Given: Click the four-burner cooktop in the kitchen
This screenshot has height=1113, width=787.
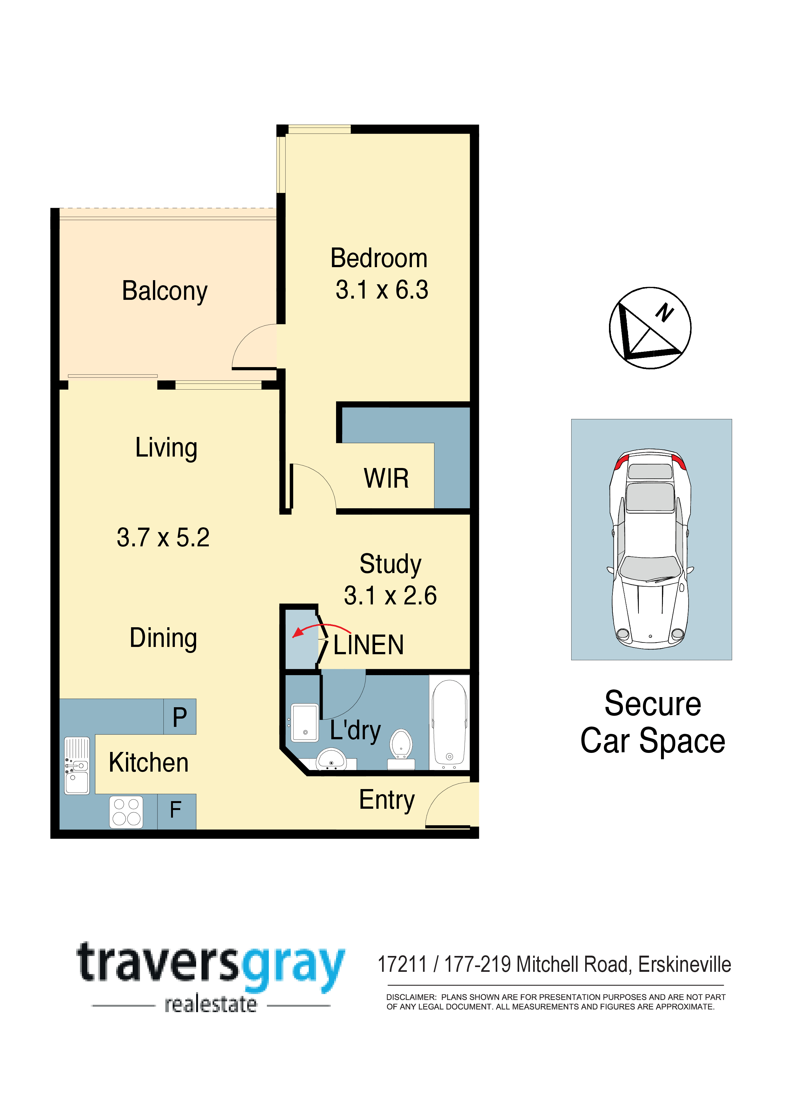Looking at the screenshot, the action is coord(127,812).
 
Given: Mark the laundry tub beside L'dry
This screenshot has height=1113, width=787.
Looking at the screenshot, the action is coord(305,723).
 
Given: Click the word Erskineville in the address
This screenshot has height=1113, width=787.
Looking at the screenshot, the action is coord(684,964).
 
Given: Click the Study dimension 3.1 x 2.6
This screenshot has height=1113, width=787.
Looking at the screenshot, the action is coord(390,596).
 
